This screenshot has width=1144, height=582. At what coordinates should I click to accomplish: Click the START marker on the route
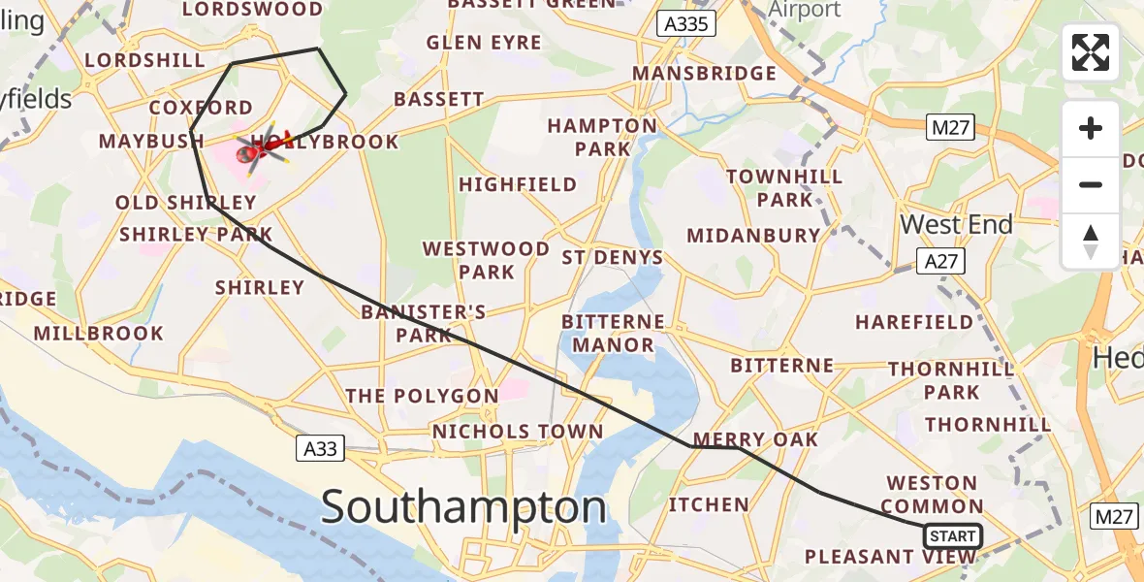tap(952, 536)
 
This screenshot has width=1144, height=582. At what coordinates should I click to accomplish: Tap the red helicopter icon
tap(263, 148)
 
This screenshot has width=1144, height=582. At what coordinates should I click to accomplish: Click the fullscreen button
tap(1091, 52)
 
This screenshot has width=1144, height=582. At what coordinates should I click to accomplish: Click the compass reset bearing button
tap(1091, 242)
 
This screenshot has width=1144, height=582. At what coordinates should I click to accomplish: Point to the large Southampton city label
tap(463, 507)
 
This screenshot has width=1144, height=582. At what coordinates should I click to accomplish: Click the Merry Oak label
tap(756, 438)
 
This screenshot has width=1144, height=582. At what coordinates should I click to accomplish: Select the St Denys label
tap(613, 257)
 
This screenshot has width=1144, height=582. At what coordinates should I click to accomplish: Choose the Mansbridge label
tap(704, 74)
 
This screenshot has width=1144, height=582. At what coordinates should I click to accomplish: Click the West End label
tap(956, 224)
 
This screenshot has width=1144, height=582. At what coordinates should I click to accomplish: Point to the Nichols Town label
tap(518, 432)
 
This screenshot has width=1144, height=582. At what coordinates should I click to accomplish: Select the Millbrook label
tap(99, 333)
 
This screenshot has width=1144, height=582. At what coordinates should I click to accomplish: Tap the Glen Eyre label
tap(484, 43)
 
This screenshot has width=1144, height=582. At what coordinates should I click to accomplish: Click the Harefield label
tap(914, 321)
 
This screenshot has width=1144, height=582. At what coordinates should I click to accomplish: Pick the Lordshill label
tap(144, 60)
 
